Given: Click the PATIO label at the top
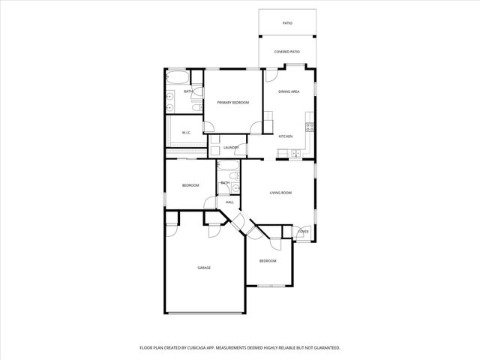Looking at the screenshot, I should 287,23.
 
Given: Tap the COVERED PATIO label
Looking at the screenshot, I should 287,52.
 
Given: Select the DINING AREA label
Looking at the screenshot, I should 289,91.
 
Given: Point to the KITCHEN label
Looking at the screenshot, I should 286,136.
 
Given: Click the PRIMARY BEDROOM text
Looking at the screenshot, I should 233,102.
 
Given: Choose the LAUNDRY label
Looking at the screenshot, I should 231,148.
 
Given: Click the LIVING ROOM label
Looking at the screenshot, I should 280,193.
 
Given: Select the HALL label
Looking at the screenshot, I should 229,202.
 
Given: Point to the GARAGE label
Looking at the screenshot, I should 204,268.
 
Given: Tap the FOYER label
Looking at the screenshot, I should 304,232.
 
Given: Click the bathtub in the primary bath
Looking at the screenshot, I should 178,78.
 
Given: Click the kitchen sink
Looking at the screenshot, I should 295,154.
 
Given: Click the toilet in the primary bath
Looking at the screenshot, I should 197,107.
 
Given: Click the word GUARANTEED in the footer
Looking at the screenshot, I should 324,348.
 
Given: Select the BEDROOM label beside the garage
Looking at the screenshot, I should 268,261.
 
